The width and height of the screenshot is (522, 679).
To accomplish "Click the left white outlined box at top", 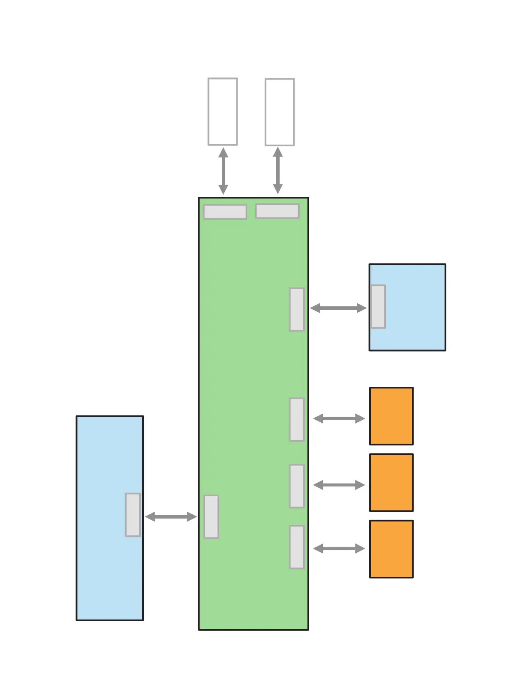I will [x=223, y=112].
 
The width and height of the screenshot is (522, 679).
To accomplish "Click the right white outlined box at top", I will [x=280, y=112].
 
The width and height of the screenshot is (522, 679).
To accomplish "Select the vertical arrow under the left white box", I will [x=223, y=171].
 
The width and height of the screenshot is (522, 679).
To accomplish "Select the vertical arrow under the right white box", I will [x=278, y=171].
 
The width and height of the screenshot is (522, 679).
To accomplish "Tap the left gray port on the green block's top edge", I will [x=225, y=212].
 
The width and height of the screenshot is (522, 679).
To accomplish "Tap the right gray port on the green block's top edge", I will [x=277, y=211].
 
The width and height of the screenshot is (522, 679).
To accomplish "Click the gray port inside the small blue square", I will [x=378, y=306].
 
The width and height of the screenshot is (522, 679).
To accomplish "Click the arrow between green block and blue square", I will [x=338, y=308].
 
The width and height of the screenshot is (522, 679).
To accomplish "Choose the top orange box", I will [x=391, y=416].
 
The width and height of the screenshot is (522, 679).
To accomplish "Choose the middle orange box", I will [x=391, y=483].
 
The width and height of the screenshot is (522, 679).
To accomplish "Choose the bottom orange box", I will [x=391, y=549].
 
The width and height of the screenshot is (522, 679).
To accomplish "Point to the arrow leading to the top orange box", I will [x=339, y=418].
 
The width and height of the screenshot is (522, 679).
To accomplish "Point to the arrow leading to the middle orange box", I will [x=339, y=485].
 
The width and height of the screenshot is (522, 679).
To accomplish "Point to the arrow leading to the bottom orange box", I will [x=339, y=549].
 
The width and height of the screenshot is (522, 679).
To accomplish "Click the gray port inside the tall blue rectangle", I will [x=133, y=515].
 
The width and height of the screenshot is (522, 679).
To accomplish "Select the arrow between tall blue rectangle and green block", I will [x=170, y=517].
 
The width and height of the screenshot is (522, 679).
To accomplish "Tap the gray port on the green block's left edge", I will [x=211, y=516].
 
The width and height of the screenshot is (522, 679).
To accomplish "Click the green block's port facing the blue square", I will [x=297, y=309].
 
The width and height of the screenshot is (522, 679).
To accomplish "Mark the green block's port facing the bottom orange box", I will [x=297, y=547].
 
